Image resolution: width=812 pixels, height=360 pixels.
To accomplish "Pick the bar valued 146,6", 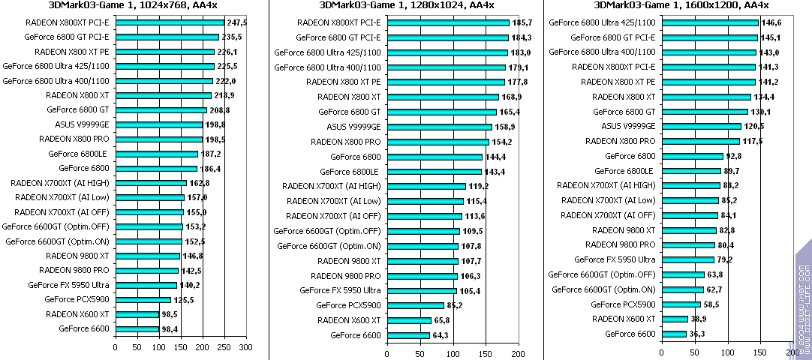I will pyautogui.click(x=710, y=22).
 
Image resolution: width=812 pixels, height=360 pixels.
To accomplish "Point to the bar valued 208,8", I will pyautogui.click(x=161, y=110).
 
